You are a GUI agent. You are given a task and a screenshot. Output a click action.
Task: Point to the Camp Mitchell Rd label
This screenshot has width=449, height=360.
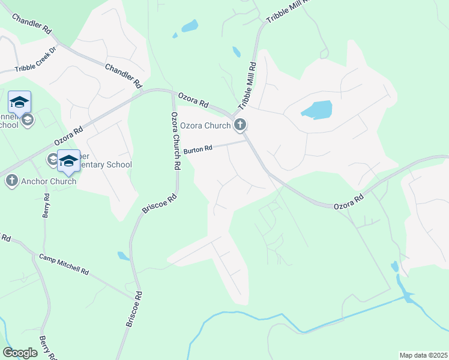coord(64,264)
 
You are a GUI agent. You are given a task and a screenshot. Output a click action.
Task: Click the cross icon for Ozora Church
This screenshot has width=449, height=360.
coord(240,125)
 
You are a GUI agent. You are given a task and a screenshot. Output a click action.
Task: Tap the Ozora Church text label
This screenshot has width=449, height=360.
coord(205,125)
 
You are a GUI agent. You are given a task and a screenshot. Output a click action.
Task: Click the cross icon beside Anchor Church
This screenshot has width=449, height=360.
coord(11,181)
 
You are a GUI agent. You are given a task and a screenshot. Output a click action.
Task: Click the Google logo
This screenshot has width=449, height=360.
coord(20,353)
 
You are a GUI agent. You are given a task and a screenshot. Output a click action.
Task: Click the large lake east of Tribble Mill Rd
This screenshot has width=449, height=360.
coord(316,110)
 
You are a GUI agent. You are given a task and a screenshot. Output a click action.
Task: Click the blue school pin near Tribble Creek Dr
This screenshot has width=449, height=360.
coord(19,102)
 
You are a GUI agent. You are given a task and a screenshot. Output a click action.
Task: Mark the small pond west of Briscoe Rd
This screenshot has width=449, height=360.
coord(123,256)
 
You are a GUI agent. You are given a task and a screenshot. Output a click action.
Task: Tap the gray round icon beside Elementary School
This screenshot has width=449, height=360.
coord(52,159)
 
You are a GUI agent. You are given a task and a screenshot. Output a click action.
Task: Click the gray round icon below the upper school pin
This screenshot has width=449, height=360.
coord(27,120)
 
